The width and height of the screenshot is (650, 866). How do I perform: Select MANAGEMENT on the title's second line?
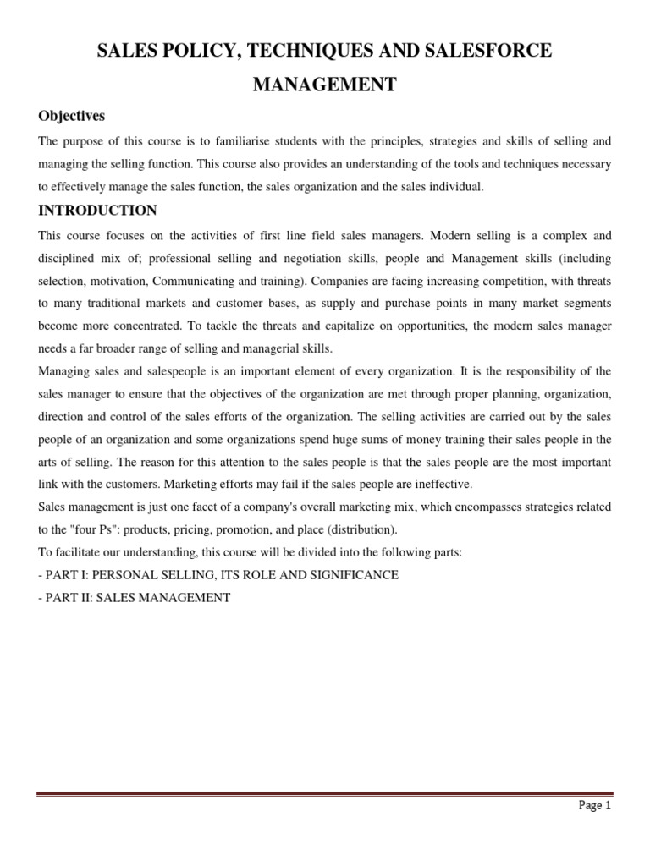pos(325,85)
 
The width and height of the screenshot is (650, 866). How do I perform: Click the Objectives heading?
pos(72,116)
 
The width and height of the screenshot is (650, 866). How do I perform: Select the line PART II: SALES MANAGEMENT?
pos(135,598)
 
